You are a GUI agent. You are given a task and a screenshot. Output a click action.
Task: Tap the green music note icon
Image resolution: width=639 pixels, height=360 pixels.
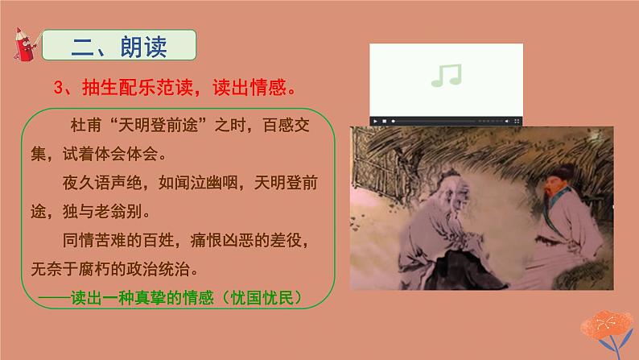pos(447,75)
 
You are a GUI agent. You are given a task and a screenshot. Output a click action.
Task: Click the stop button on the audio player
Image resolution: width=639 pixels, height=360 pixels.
pos(385,121)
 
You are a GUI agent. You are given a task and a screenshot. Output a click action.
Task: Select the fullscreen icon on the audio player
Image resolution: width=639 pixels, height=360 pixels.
pos(514,121)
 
